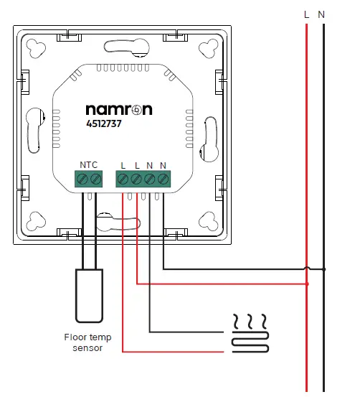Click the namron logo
click(x=118, y=111)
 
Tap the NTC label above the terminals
click(x=88, y=164)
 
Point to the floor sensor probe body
click(x=88, y=294)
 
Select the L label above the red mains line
click(x=307, y=14)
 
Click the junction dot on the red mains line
click(x=307, y=284)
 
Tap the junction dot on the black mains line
click(x=324, y=269)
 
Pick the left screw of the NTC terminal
click(x=82, y=178)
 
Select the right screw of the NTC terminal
click(x=95, y=178)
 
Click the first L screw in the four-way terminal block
click(x=123, y=178)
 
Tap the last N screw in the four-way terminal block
click(x=164, y=178)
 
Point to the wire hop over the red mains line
click(x=307, y=268)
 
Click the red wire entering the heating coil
click(x=215, y=351)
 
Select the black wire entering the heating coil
click(x=215, y=331)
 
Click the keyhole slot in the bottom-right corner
click(x=209, y=220)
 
